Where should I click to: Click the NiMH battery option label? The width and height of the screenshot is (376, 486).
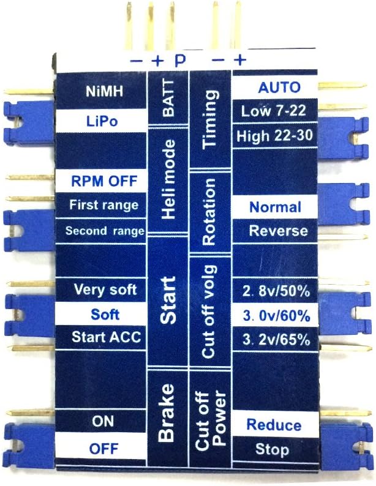click(x=104, y=92)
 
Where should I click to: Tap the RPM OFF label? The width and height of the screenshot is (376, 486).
click(x=103, y=182)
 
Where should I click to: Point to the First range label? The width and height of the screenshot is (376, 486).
click(x=103, y=205)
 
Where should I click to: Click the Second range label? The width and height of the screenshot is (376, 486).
click(x=105, y=231)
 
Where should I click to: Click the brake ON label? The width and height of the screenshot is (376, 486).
click(x=103, y=422)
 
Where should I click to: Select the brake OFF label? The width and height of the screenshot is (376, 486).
click(x=103, y=449)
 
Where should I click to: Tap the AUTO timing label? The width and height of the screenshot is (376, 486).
click(x=279, y=88)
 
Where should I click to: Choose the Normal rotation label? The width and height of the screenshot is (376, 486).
click(x=275, y=207)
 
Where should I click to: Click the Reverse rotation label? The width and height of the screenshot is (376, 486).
click(x=278, y=231)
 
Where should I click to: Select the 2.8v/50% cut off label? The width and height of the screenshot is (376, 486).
click(x=276, y=291)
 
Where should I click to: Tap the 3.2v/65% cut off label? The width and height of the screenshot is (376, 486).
click(x=276, y=338)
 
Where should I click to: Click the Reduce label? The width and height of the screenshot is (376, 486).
click(x=274, y=425)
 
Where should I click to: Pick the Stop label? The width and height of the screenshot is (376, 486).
click(x=273, y=450)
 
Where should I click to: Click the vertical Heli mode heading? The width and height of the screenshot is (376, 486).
click(x=169, y=179)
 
